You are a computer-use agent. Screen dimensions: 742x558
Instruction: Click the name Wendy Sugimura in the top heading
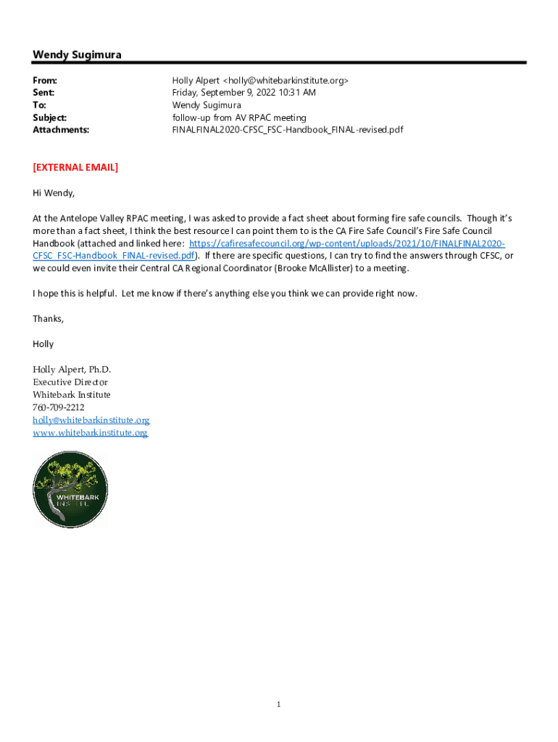[77, 55]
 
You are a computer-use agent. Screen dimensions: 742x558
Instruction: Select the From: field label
[45, 80]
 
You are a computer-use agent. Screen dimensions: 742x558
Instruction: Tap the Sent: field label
[43, 93]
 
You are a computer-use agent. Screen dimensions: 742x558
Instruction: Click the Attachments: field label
[61, 130]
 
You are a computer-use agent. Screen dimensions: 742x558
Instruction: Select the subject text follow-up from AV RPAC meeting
[239, 117]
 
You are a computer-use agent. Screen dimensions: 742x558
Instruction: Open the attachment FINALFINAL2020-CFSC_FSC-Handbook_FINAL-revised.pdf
[287, 130]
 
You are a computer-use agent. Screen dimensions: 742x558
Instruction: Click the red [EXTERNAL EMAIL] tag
[75, 167]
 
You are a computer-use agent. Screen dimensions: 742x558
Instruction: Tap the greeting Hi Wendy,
[54, 193]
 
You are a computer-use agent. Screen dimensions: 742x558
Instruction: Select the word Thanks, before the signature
[49, 319]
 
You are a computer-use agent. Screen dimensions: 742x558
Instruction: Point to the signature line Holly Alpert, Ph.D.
[72, 370]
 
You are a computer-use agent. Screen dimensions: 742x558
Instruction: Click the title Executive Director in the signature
[70, 382]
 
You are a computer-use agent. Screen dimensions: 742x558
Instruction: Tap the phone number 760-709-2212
[59, 407]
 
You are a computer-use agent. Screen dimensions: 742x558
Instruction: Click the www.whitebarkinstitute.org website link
[90, 433]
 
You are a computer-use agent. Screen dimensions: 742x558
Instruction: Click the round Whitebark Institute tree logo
[70, 490]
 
